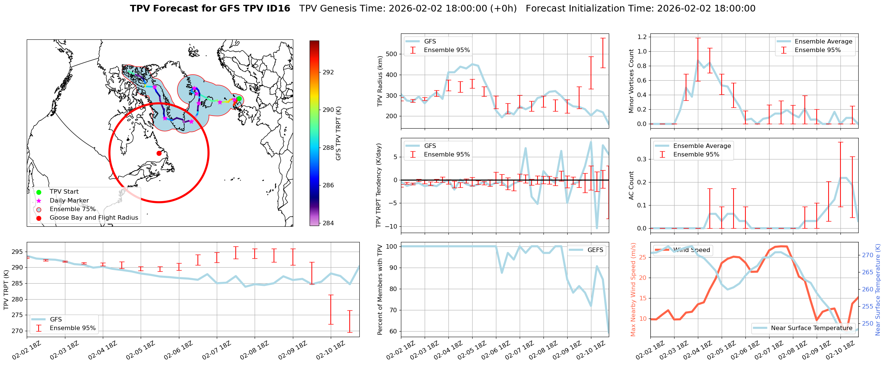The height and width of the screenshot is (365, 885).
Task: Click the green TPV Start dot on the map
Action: [x=239, y=99]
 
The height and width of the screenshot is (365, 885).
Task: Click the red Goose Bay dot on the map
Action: [x=159, y=153]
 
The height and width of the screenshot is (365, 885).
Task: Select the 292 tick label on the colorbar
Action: [x=328, y=72]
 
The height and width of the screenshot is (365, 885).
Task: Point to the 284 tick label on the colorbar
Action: [x=328, y=223]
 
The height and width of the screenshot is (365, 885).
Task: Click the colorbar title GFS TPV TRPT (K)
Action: [x=338, y=133]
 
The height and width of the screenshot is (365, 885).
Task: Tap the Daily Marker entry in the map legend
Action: [x=69, y=200]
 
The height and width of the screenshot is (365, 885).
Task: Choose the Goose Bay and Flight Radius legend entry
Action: [x=94, y=217]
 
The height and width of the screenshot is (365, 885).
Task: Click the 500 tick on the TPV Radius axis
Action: [x=392, y=54]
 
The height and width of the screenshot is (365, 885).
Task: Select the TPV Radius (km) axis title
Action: [x=380, y=81]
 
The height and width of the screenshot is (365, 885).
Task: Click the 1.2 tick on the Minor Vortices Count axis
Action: [x=642, y=37]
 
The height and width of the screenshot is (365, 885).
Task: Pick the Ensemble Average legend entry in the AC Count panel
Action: [x=702, y=146]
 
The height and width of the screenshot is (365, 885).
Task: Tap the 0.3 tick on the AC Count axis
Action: [x=642, y=159]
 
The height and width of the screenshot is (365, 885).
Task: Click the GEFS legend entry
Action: [x=595, y=250]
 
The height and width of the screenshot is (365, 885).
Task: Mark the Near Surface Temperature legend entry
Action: [x=811, y=328]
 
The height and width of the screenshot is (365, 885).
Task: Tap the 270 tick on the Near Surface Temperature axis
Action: [x=868, y=255]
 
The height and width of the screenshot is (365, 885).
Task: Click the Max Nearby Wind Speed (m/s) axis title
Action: [x=633, y=290]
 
